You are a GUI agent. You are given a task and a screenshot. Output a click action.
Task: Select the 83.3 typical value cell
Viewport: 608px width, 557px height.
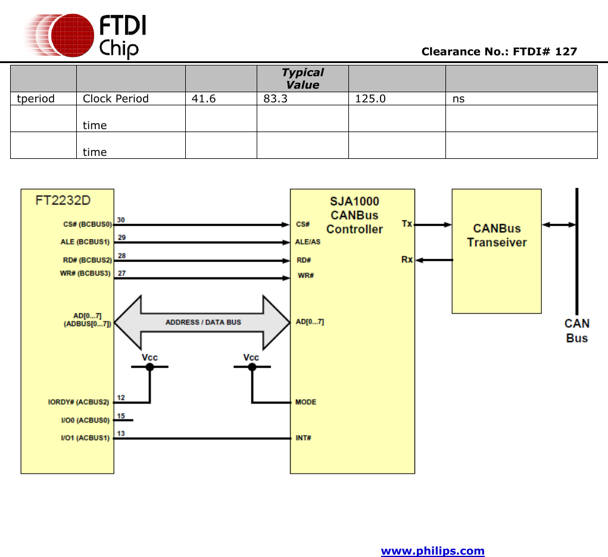(275, 99)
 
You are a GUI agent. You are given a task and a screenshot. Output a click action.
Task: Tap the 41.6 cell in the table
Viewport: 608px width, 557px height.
(204, 99)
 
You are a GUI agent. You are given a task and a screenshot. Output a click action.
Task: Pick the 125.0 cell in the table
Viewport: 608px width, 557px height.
(370, 99)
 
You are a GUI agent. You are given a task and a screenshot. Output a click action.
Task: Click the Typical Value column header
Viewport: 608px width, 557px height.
(303, 79)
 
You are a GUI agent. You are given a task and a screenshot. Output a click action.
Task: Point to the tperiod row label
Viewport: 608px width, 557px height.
(36, 99)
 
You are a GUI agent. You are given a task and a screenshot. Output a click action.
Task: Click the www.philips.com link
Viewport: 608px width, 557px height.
(432, 551)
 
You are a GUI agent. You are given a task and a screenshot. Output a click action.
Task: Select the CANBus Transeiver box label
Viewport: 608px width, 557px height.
(497, 236)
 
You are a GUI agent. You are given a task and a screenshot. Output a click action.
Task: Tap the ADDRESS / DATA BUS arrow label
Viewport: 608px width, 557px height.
(203, 322)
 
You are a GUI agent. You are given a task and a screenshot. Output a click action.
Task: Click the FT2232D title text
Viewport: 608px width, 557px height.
(63, 199)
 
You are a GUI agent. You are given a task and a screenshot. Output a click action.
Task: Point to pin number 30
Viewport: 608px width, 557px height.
(121, 220)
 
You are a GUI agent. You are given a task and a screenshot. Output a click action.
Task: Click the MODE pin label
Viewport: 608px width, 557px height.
(305, 402)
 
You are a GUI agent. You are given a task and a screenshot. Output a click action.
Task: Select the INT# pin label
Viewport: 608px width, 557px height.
(304, 438)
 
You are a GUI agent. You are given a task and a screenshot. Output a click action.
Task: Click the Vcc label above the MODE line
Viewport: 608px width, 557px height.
(251, 357)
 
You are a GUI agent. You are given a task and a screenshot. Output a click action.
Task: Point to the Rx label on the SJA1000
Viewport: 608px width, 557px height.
(407, 259)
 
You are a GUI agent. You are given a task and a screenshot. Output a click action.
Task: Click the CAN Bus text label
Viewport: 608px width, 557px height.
(577, 331)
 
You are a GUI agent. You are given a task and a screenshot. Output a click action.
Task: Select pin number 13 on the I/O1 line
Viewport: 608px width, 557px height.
(121, 434)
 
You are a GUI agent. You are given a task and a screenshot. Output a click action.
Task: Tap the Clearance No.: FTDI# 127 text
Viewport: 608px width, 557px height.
(499, 52)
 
